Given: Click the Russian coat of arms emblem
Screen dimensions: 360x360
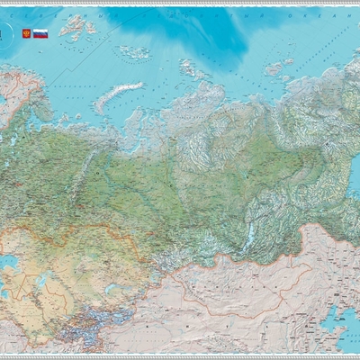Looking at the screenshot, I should tap(25, 33).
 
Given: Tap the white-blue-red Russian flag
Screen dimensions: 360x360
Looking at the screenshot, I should tap(40, 33).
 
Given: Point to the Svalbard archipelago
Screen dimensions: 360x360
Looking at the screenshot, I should tap(76, 26).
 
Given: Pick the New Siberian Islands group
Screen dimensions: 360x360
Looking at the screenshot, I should tap(274, 67).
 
